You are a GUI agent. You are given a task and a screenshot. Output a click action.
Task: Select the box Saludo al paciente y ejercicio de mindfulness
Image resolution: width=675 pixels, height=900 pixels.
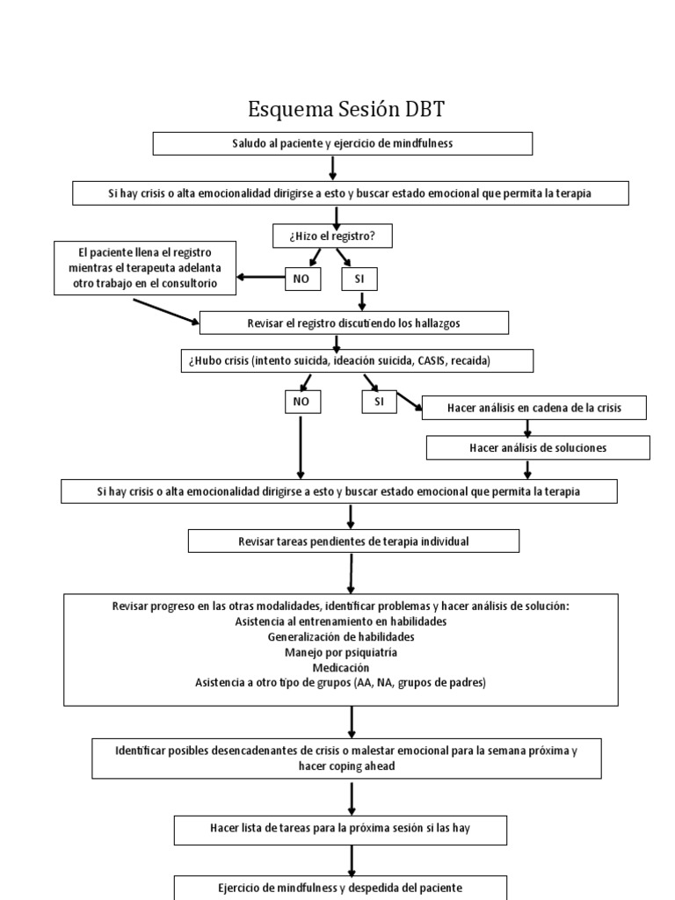(x=343, y=143)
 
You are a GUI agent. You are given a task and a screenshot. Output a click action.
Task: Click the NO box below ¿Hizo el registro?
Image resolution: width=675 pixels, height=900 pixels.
(x=302, y=279)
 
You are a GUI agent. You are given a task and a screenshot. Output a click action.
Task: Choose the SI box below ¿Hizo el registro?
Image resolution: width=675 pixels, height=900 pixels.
(x=359, y=279)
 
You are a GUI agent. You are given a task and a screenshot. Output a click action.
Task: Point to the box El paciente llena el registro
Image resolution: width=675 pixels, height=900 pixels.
(x=145, y=268)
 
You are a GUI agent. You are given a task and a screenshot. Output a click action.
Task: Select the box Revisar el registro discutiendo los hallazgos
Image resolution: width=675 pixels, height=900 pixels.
(x=354, y=323)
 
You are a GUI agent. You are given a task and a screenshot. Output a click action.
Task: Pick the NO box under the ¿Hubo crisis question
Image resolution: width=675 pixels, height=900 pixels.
(x=302, y=402)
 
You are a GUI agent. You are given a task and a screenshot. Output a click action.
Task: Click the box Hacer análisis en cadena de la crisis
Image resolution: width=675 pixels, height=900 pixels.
(x=535, y=408)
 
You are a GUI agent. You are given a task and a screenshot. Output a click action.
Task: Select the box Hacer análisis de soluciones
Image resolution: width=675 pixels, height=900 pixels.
(x=538, y=448)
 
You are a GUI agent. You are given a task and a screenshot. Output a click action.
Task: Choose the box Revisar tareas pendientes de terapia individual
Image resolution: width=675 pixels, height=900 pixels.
(x=354, y=541)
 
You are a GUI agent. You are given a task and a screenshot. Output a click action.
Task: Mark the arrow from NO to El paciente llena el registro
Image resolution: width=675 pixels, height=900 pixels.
(x=260, y=279)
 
